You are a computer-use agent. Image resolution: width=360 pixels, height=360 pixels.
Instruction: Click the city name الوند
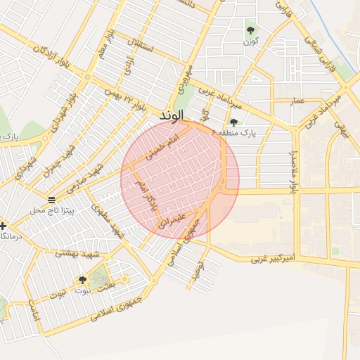pyautogui.click(x=172, y=114)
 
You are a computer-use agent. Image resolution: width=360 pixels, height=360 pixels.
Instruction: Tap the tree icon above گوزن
pyautogui.click(x=250, y=30)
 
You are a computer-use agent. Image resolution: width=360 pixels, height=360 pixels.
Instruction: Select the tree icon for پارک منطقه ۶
pyautogui.click(x=233, y=122)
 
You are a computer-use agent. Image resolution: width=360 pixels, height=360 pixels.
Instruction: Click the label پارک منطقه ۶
pyautogui.click(x=234, y=132)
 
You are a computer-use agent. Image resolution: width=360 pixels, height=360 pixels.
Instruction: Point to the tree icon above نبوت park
pyautogui.click(x=82, y=280)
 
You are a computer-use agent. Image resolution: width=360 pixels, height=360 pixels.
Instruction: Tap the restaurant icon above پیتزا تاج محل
pyautogui.click(x=51, y=199)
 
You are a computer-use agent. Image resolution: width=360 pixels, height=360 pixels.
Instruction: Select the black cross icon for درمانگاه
pyautogui.click(x=4, y=226)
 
